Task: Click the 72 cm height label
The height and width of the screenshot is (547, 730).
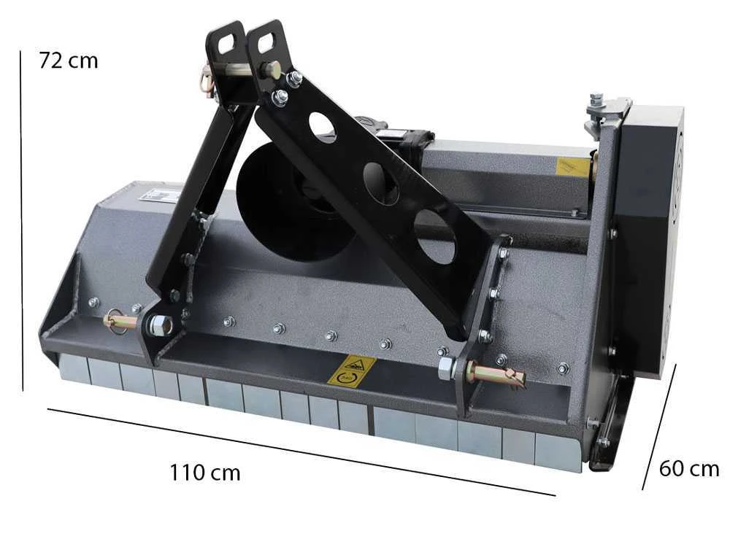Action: (x=69, y=61)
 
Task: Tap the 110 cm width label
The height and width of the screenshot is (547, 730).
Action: (x=205, y=473)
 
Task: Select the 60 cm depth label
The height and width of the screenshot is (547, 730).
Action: (x=689, y=468)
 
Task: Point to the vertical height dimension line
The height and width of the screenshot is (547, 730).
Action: (x=21, y=221)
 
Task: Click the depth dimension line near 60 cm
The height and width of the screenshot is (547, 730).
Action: (x=658, y=427)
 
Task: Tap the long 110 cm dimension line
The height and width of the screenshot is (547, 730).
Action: (x=301, y=452)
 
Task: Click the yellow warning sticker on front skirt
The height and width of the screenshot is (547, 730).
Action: (x=352, y=371)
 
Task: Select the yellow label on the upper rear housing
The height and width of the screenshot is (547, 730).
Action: (x=572, y=166)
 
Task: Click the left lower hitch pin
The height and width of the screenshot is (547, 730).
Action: (x=120, y=320)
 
